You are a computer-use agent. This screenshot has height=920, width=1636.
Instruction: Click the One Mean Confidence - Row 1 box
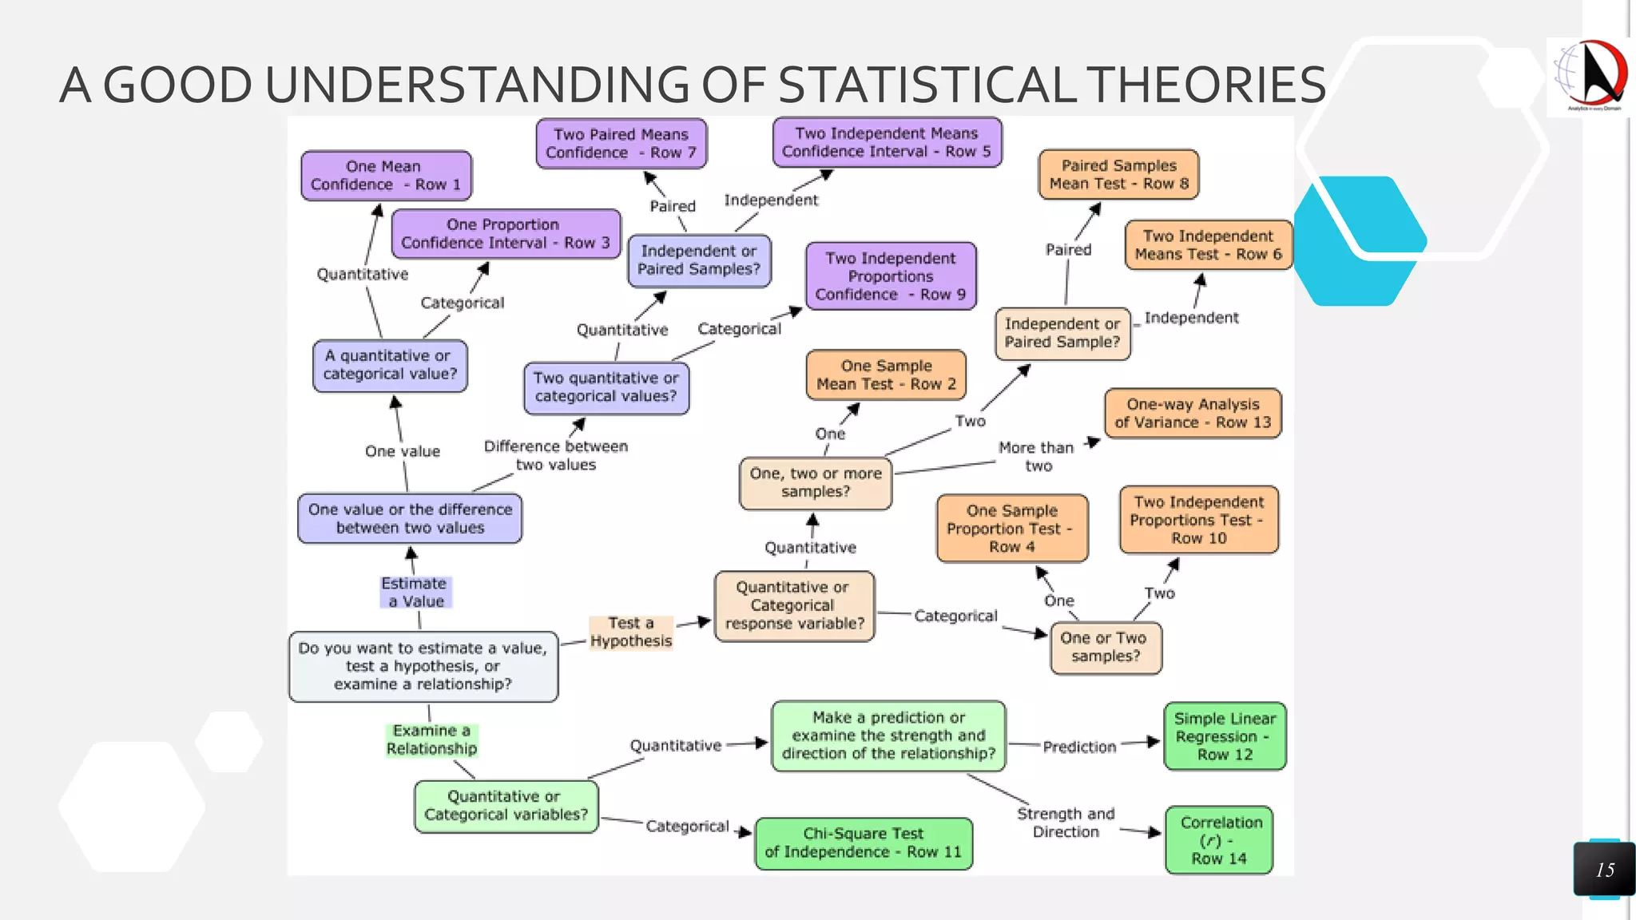point(386,176)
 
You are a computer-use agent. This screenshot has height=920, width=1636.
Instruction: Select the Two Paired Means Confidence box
point(621,144)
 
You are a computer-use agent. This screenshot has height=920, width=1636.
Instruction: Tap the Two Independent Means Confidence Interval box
point(887,143)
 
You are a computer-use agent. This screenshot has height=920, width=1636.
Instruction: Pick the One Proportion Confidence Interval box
point(505,234)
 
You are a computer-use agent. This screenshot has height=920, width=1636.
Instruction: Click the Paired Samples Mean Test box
point(1118,175)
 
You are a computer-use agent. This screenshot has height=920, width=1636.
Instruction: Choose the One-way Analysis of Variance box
point(1193,414)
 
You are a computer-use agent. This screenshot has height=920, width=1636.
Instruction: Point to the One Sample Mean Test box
point(886,375)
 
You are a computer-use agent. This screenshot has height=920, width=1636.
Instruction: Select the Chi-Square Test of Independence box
point(864,843)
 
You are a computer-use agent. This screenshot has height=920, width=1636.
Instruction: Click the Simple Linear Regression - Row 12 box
point(1225,736)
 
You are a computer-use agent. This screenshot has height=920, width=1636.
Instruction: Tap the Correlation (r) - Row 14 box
point(1219,840)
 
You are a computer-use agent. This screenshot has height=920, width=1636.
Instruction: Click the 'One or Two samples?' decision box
point(1106,648)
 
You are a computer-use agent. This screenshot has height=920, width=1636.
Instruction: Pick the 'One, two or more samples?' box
point(816,483)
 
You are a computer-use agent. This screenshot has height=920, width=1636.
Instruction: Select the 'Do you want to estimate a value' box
point(423,666)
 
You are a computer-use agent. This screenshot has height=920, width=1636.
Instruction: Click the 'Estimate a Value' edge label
point(415,593)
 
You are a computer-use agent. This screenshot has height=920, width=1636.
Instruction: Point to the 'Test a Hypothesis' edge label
point(631,632)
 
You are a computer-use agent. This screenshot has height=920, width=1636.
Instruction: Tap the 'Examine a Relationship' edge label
point(431,740)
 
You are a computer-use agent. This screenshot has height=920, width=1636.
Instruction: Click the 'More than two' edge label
point(1037,457)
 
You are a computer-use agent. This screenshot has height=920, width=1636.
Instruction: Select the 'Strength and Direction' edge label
point(1066,823)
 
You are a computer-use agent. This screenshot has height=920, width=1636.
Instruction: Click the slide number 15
point(1605,870)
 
